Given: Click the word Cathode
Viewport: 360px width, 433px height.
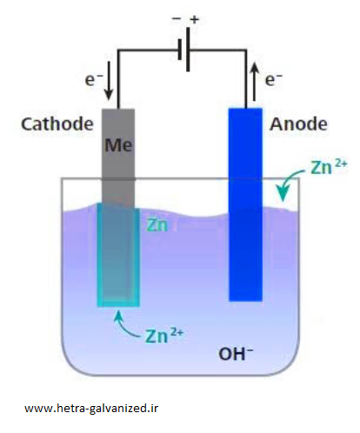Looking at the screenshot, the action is coord(57,124).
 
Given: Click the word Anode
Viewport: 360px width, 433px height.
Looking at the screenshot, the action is coord(298,124).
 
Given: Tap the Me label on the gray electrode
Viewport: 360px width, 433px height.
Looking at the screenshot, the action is coord(118,145).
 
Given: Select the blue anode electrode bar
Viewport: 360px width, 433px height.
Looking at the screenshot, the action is coord(245,204).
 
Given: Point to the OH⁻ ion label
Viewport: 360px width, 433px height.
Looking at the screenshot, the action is coord(236,354).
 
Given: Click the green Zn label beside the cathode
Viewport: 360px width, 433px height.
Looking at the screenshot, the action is coord(157,225).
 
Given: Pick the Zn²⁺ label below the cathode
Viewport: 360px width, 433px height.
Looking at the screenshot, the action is coord(164,336).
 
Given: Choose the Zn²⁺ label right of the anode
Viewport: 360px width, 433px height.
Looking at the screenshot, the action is coord(329,167).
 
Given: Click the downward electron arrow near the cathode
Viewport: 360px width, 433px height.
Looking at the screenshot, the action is coord(109,81).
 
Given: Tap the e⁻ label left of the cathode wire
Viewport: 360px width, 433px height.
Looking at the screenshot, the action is coord(93,79).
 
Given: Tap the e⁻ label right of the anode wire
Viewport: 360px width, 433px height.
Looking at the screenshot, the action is coord(274,79).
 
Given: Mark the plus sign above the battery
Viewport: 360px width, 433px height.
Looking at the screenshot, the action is coord(195,20).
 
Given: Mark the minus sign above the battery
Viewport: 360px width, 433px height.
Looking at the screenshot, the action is coord(177,18).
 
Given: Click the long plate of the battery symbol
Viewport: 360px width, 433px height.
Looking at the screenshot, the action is coord(189,50).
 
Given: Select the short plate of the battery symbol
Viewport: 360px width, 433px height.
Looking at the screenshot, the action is coord(180,50).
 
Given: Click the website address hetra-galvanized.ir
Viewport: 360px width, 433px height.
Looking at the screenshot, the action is coord(91,409).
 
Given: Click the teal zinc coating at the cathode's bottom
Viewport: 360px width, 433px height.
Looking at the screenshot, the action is coord(118,302).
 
